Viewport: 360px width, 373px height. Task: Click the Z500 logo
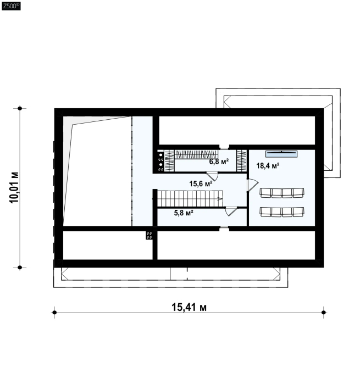point(11,6)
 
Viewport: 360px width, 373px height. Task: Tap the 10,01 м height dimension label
point(14,187)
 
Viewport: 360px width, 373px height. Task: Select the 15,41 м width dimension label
point(189,307)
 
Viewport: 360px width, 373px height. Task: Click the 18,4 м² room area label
point(268,165)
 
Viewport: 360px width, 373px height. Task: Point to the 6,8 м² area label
point(219,162)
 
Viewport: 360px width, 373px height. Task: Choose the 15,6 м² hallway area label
point(201,183)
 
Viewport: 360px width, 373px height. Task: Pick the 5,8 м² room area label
point(184,213)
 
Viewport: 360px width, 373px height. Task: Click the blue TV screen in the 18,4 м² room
point(281,154)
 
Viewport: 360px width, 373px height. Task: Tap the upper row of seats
point(282,193)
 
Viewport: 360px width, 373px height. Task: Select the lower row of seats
point(282,211)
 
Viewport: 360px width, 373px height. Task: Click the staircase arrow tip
point(222,198)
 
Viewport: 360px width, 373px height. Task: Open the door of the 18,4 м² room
point(252,185)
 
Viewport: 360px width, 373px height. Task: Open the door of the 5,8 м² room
point(231,211)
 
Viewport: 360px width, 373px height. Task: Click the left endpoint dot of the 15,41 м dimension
point(54,313)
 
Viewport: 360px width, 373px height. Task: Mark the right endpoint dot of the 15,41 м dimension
point(323,313)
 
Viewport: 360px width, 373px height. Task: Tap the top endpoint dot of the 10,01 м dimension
point(20,108)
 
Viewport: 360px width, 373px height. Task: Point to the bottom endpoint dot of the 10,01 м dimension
point(20,268)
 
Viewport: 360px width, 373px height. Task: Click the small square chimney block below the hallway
point(149,235)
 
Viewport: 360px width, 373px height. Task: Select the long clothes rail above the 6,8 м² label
point(196,154)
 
